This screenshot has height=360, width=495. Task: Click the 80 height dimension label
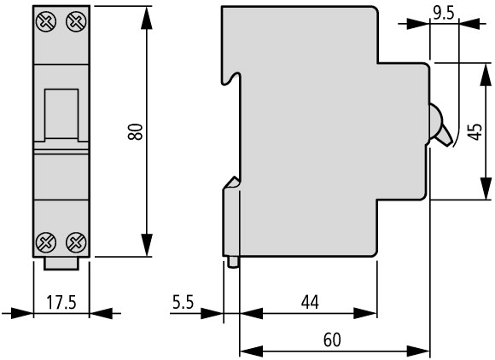pyautogui.click(x=136, y=131)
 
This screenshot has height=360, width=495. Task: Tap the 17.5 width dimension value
pyautogui.click(x=61, y=302)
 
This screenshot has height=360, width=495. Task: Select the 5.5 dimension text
pyautogui.click(x=183, y=302)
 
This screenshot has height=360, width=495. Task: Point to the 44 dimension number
pyautogui.click(x=310, y=302)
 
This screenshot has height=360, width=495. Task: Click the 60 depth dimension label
pyautogui.click(x=332, y=340)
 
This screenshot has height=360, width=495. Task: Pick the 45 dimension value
pyautogui.click(x=475, y=131)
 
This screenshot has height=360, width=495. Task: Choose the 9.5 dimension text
pyautogui.click(x=444, y=14)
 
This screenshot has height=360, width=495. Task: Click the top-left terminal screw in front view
pyautogui.click(x=46, y=21)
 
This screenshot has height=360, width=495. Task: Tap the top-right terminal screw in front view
pyautogui.click(x=76, y=21)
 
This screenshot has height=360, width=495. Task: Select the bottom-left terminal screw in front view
pyautogui.click(x=46, y=242)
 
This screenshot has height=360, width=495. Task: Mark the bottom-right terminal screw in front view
pyautogui.click(x=76, y=242)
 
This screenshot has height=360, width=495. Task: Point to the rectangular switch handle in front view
pyautogui.click(x=61, y=114)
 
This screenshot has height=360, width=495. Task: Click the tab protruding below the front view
pyautogui.click(x=61, y=264)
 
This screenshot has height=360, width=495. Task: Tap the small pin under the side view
pyautogui.click(x=233, y=262)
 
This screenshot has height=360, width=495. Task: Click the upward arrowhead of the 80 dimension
pyautogui.click(x=147, y=18)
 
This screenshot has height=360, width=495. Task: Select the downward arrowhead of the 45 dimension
pyautogui.click(x=486, y=189)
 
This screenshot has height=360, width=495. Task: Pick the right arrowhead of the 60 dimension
pyautogui.click(x=418, y=351)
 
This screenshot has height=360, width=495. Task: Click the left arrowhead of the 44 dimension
pyautogui.click(x=252, y=314)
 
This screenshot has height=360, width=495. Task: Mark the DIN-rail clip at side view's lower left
pyautogui.click(x=231, y=218)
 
